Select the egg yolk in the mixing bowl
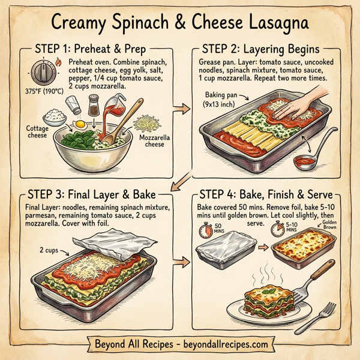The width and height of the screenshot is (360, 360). [80, 125]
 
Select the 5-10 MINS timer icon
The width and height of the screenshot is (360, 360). [277, 229]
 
